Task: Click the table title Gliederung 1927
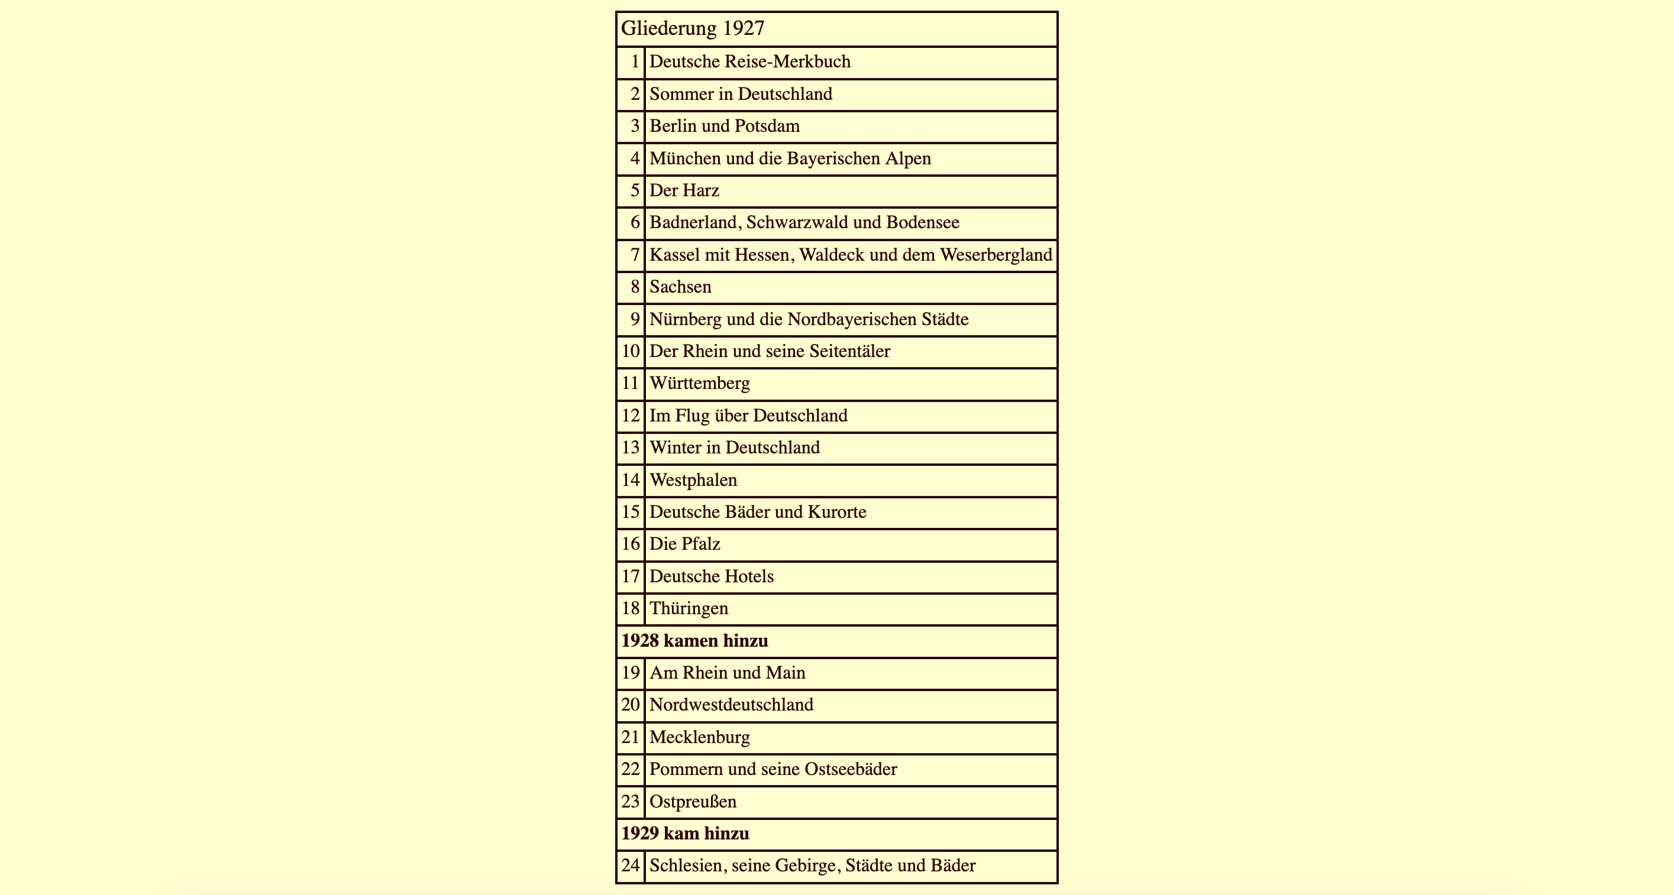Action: tap(693, 28)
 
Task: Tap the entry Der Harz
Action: tap(684, 190)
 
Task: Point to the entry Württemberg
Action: tap(700, 383)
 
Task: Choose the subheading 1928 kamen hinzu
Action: tap(694, 641)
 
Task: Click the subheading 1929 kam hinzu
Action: tap(685, 834)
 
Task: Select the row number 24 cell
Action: tap(631, 866)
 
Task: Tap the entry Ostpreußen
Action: tap(693, 802)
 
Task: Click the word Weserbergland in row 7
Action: tap(996, 255)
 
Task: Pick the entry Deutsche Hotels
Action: tap(712, 576)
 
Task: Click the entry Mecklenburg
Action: tap(699, 737)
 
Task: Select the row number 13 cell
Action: tap(631, 447)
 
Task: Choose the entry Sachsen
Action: tap(680, 287)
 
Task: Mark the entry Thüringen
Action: tap(689, 608)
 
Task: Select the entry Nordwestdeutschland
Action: tap(731, 705)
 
